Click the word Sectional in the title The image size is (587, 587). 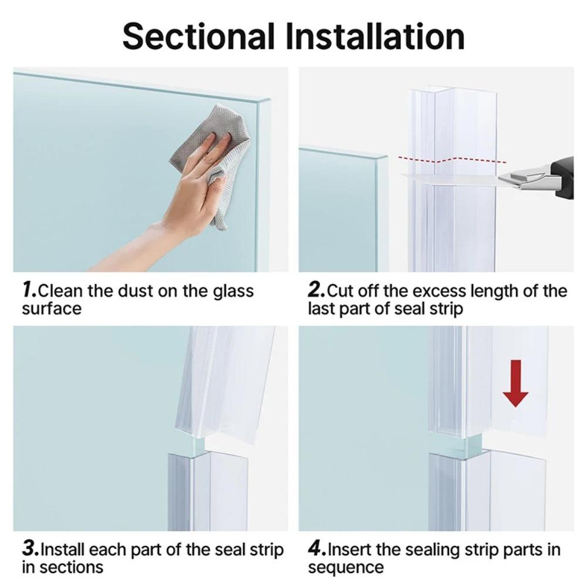click(198, 36)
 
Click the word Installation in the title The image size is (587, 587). click(375, 36)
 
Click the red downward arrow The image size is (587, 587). click(515, 383)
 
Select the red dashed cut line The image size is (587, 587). click(452, 160)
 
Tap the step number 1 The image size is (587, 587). click(29, 290)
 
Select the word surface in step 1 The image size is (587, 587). click(52, 309)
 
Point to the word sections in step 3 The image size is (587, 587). click(71, 567)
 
